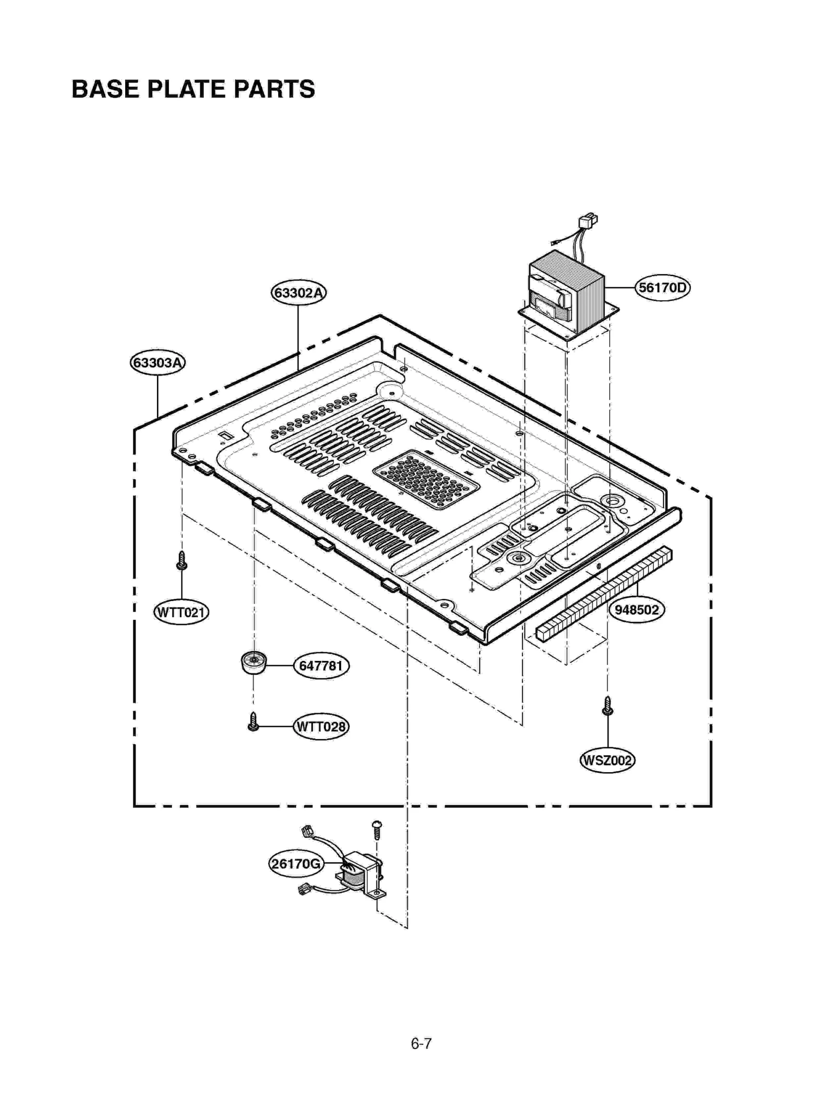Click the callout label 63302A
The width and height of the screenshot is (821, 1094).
point(299,293)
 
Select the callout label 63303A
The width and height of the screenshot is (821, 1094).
point(158,363)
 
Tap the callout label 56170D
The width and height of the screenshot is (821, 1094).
point(662,287)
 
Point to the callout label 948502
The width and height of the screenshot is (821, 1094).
point(636,610)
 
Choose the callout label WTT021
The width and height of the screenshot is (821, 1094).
point(181,612)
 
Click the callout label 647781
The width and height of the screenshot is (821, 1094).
point(321,666)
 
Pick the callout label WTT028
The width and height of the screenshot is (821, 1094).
point(321,727)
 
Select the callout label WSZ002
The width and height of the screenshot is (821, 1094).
point(607,760)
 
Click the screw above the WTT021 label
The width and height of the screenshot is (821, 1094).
point(181,560)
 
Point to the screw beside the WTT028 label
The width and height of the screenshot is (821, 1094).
point(253,722)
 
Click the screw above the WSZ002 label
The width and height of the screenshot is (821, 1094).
point(608,706)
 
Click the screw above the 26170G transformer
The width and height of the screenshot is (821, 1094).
point(377,829)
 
